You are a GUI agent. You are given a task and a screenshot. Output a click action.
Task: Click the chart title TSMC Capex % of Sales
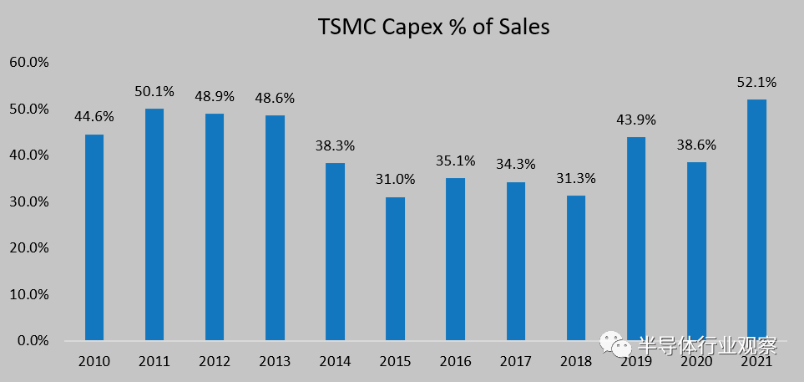433,27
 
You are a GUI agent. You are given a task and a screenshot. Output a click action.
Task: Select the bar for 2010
94,237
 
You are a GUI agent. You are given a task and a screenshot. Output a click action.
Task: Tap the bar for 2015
395,268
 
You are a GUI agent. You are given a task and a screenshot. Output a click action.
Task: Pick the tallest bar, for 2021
756,220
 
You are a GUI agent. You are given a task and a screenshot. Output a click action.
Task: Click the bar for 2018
575,267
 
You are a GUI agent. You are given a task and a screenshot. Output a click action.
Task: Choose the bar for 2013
275,227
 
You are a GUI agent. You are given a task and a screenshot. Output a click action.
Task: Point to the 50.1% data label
154,90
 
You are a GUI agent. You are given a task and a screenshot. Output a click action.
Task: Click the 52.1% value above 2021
756,82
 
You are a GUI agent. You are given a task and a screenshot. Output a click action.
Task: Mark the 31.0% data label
395,179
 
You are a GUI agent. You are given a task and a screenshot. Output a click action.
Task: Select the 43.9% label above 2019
635,120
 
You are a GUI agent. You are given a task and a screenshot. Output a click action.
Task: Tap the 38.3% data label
335,145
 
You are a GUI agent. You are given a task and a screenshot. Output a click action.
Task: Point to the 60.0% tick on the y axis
29,63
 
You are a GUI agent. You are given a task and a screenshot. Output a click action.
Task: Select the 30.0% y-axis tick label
29,202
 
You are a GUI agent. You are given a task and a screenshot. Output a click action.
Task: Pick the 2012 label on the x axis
215,362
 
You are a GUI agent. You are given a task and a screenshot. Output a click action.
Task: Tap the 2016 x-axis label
455,362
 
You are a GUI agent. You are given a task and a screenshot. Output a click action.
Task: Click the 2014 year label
335,362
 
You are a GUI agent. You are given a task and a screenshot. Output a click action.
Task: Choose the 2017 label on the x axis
515,362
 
